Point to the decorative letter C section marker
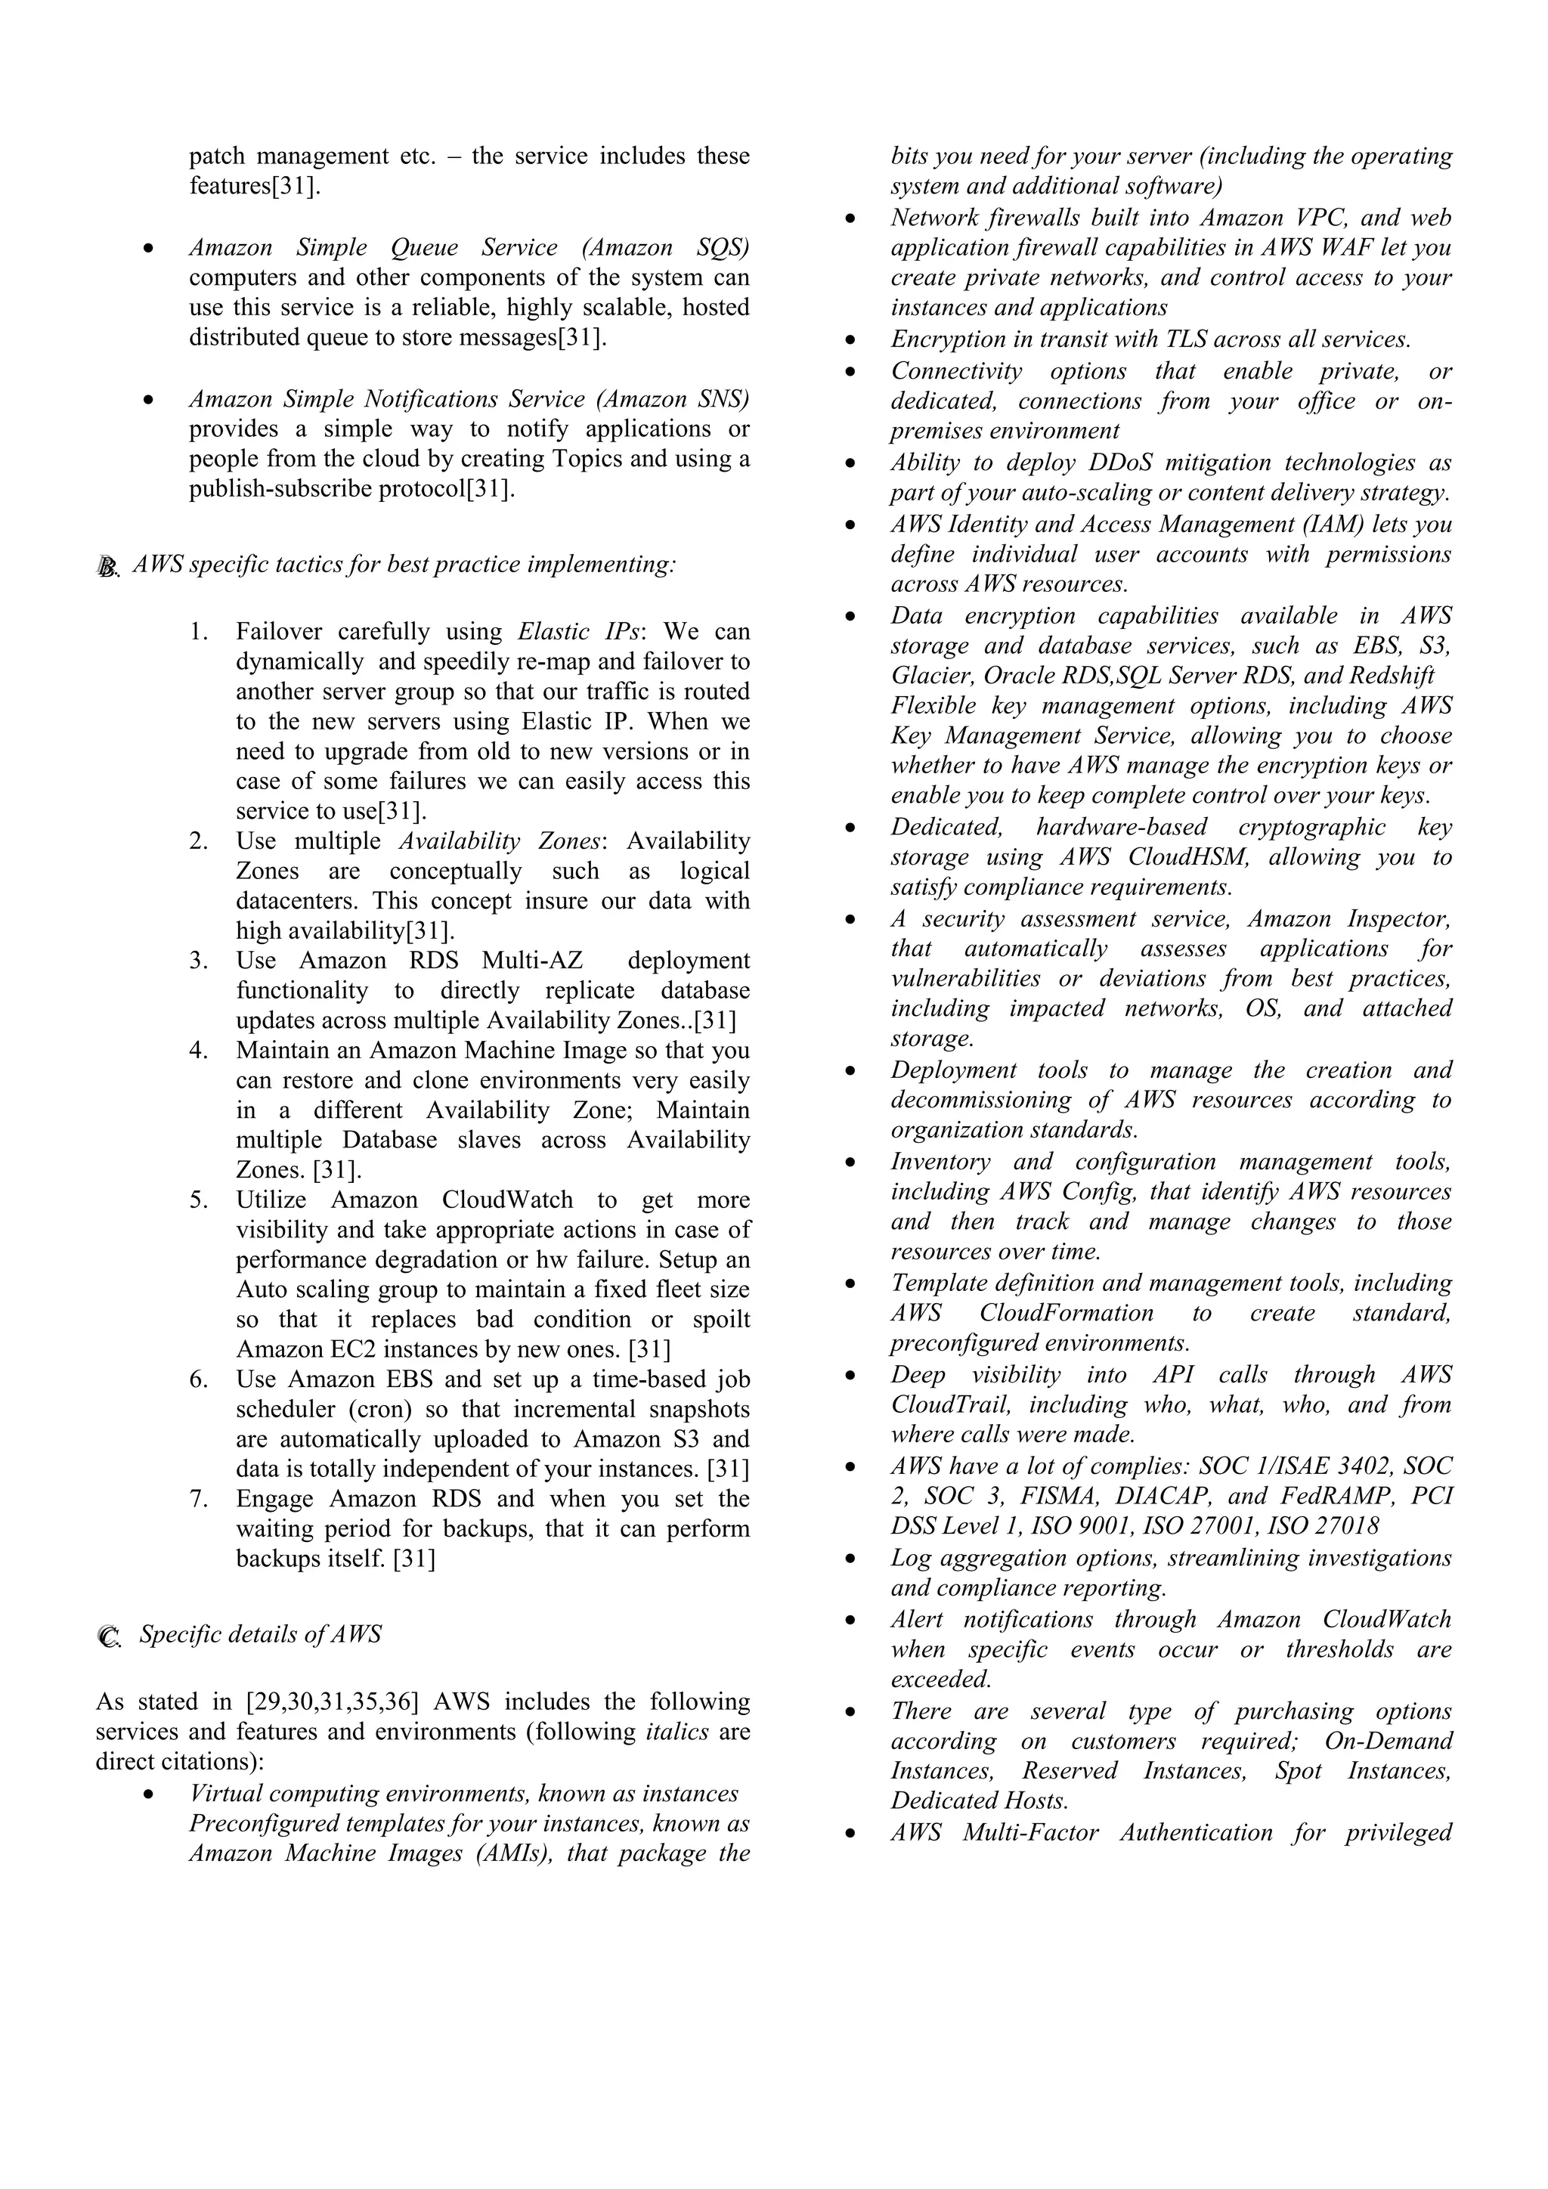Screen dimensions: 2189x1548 [109, 1638]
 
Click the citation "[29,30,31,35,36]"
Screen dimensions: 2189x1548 [332, 1701]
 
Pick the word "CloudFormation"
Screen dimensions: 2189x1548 [1066, 1313]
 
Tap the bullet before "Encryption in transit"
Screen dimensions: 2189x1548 [850, 340]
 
